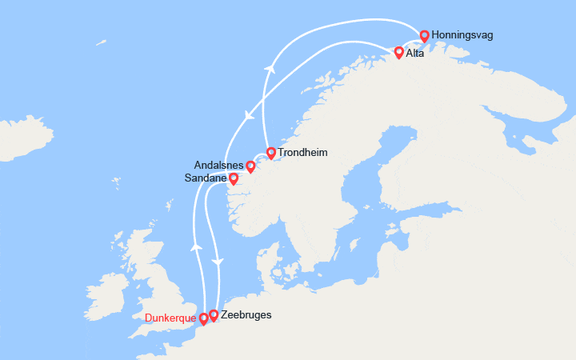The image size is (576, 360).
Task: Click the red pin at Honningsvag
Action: [x=424, y=35]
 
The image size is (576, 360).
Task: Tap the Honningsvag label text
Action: [x=462, y=36]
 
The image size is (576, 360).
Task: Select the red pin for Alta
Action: [x=398, y=53]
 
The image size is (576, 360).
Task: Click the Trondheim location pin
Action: [x=270, y=152]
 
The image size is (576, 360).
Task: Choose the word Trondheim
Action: [x=302, y=153]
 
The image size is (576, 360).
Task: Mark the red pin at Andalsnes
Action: [x=250, y=166]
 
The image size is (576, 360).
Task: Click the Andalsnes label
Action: [x=218, y=165]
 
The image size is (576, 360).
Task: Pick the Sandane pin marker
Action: [x=233, y=178]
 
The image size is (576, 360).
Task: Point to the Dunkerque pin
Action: [x=203, y=318]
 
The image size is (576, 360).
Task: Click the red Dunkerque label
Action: [x=171, y=318]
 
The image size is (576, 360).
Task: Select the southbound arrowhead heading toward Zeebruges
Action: [x=218, y=262]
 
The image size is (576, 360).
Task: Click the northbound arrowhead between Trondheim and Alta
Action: [x=269, y=70]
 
